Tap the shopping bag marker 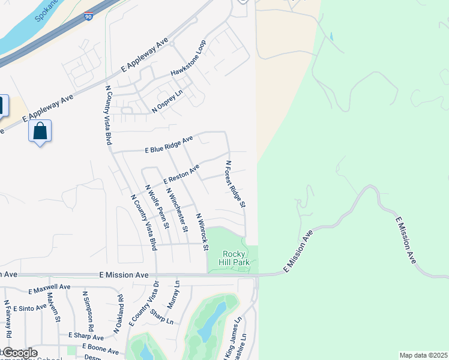(x=40, y=131)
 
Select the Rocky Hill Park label (x=235, y=257)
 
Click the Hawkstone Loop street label (x=188, y=58)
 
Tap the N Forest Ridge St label (x=235, y=184)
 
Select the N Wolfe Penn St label (x=158, y=207)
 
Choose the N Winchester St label (x=178, y=209)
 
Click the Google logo (x=19, y=353)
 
